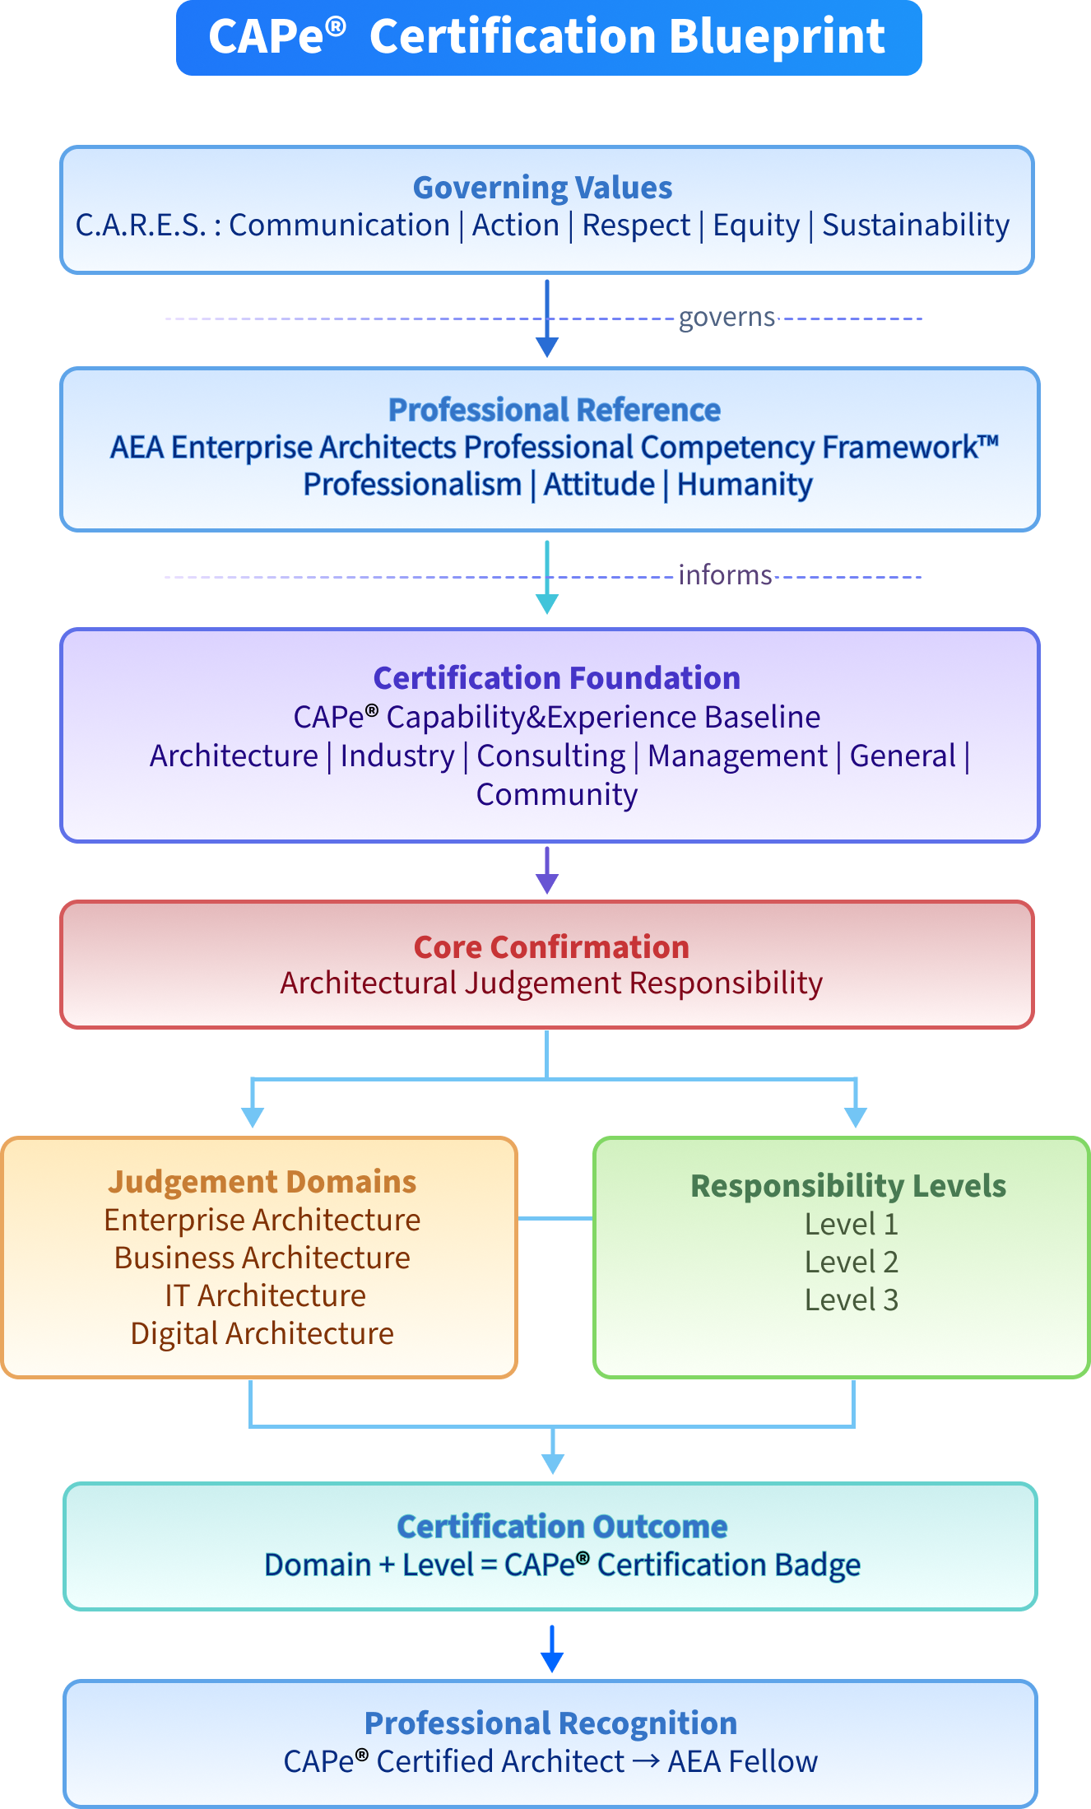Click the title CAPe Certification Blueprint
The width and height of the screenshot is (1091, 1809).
click(547, 37)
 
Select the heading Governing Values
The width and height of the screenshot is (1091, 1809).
click(542, 188)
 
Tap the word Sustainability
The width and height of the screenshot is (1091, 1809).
click(915, 225)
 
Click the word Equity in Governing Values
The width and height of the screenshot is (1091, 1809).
click(755, 225)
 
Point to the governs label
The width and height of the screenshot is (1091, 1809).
click(727, 318)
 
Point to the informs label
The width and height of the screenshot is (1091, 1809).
click(725, 574)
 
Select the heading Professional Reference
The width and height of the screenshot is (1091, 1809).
click(554, 409)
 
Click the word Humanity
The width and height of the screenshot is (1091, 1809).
click(744, 484)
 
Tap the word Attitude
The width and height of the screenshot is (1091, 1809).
click(599, 484)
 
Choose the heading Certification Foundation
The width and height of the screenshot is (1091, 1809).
click(556, 677)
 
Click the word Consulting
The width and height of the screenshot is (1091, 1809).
click(550, 756)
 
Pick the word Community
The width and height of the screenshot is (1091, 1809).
click(556, 794)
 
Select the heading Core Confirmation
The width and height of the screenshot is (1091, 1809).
click(550, 946)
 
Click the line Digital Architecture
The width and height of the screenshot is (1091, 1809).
click(262, 1333)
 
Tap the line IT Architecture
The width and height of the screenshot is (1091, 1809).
click(265, 1295)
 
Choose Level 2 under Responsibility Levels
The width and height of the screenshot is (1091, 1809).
click(851, 1262)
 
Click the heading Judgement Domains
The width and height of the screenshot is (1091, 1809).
click(262, 1181)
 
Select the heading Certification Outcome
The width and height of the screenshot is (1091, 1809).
click(562, 1526)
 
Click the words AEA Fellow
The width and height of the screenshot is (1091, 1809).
click(742, 1761)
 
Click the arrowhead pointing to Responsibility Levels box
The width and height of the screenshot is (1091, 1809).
click(856, 1118)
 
